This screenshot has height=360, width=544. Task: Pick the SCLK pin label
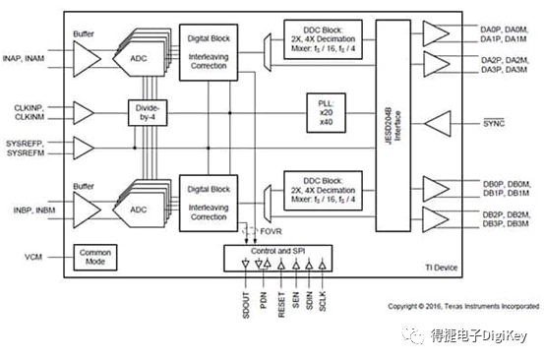tap(324, 294)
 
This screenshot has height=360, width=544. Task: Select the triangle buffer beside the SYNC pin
tap(440, 124)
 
